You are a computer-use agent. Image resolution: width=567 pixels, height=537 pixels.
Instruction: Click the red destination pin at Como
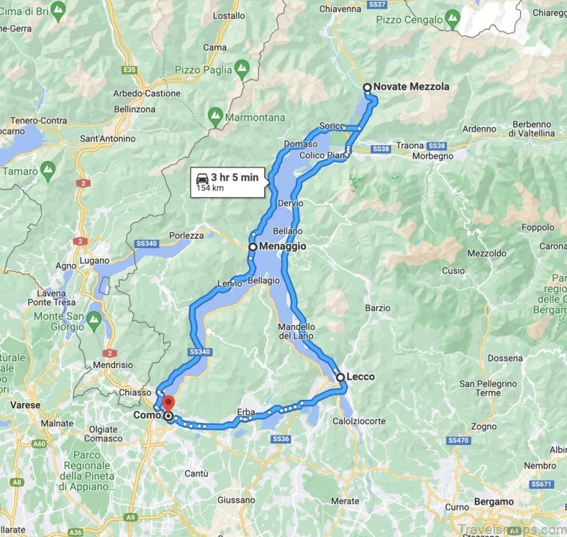pos(168,404)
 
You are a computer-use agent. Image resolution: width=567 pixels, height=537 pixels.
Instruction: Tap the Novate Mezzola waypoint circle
pos(367,88)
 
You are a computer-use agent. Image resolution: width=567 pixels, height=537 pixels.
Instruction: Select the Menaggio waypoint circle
pos(253,247)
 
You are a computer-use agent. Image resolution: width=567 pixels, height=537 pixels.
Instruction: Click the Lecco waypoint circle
pos(340,377)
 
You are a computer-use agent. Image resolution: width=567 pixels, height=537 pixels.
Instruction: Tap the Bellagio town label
pos(263,280)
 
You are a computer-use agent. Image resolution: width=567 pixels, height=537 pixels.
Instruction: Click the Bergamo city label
pos(494,501)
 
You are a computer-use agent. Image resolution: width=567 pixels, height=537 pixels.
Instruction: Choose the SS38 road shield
pos(381,148)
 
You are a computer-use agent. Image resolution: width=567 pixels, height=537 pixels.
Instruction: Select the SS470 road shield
pos(458,440)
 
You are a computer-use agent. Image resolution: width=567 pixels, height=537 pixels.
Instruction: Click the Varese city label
pos(25,405)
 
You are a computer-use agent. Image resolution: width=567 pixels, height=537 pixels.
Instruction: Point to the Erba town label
pos(246,412)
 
